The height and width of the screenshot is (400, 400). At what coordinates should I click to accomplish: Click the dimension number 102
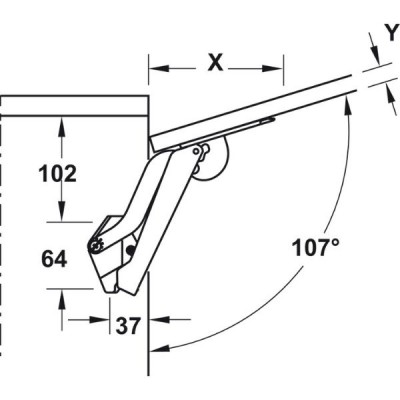tap(58, 174)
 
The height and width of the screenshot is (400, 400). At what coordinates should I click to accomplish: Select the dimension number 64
tap(54, 259)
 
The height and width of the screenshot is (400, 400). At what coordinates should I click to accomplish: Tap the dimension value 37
tap(128, 326)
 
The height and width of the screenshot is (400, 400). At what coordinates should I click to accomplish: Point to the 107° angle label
tap(316, 247)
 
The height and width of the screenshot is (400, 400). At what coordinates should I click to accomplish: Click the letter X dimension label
tap(215, 63)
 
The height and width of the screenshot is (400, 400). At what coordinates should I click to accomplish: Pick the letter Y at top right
tap(393, 33)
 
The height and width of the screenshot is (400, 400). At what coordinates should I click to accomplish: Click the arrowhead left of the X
tap(159, 68)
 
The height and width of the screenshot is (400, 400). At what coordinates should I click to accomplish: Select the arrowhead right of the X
tap(273, 69)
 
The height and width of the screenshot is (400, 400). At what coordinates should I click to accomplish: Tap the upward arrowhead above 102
tap(61, 128)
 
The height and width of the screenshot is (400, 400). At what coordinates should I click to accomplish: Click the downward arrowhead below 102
tap(61, 210)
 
